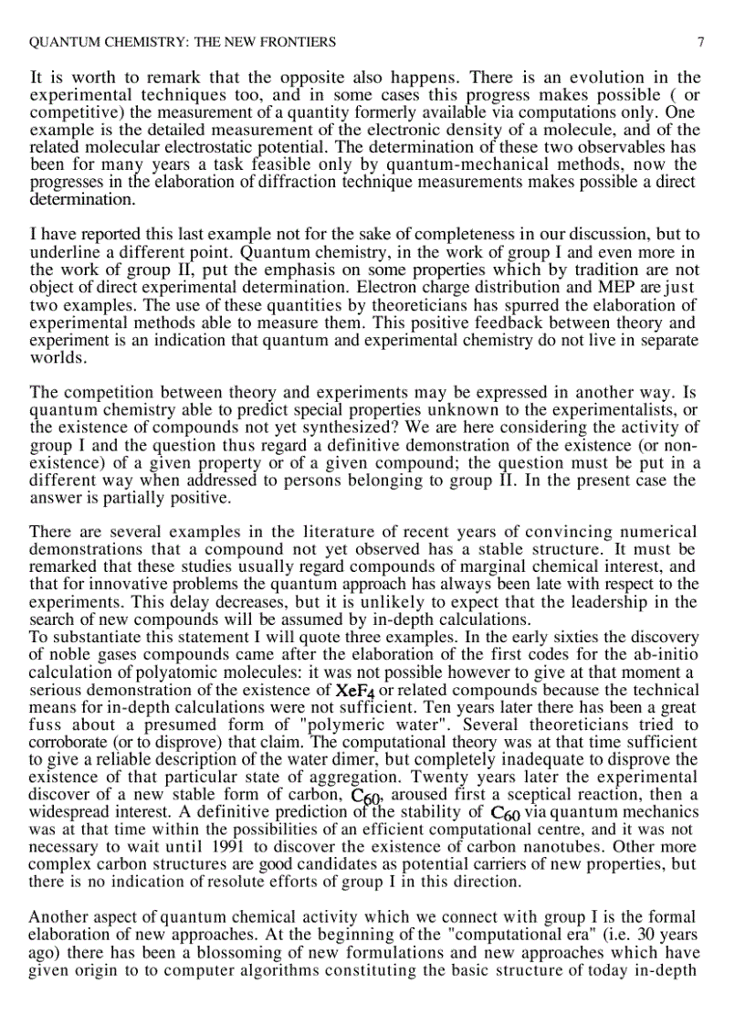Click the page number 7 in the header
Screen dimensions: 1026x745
(700, 42)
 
